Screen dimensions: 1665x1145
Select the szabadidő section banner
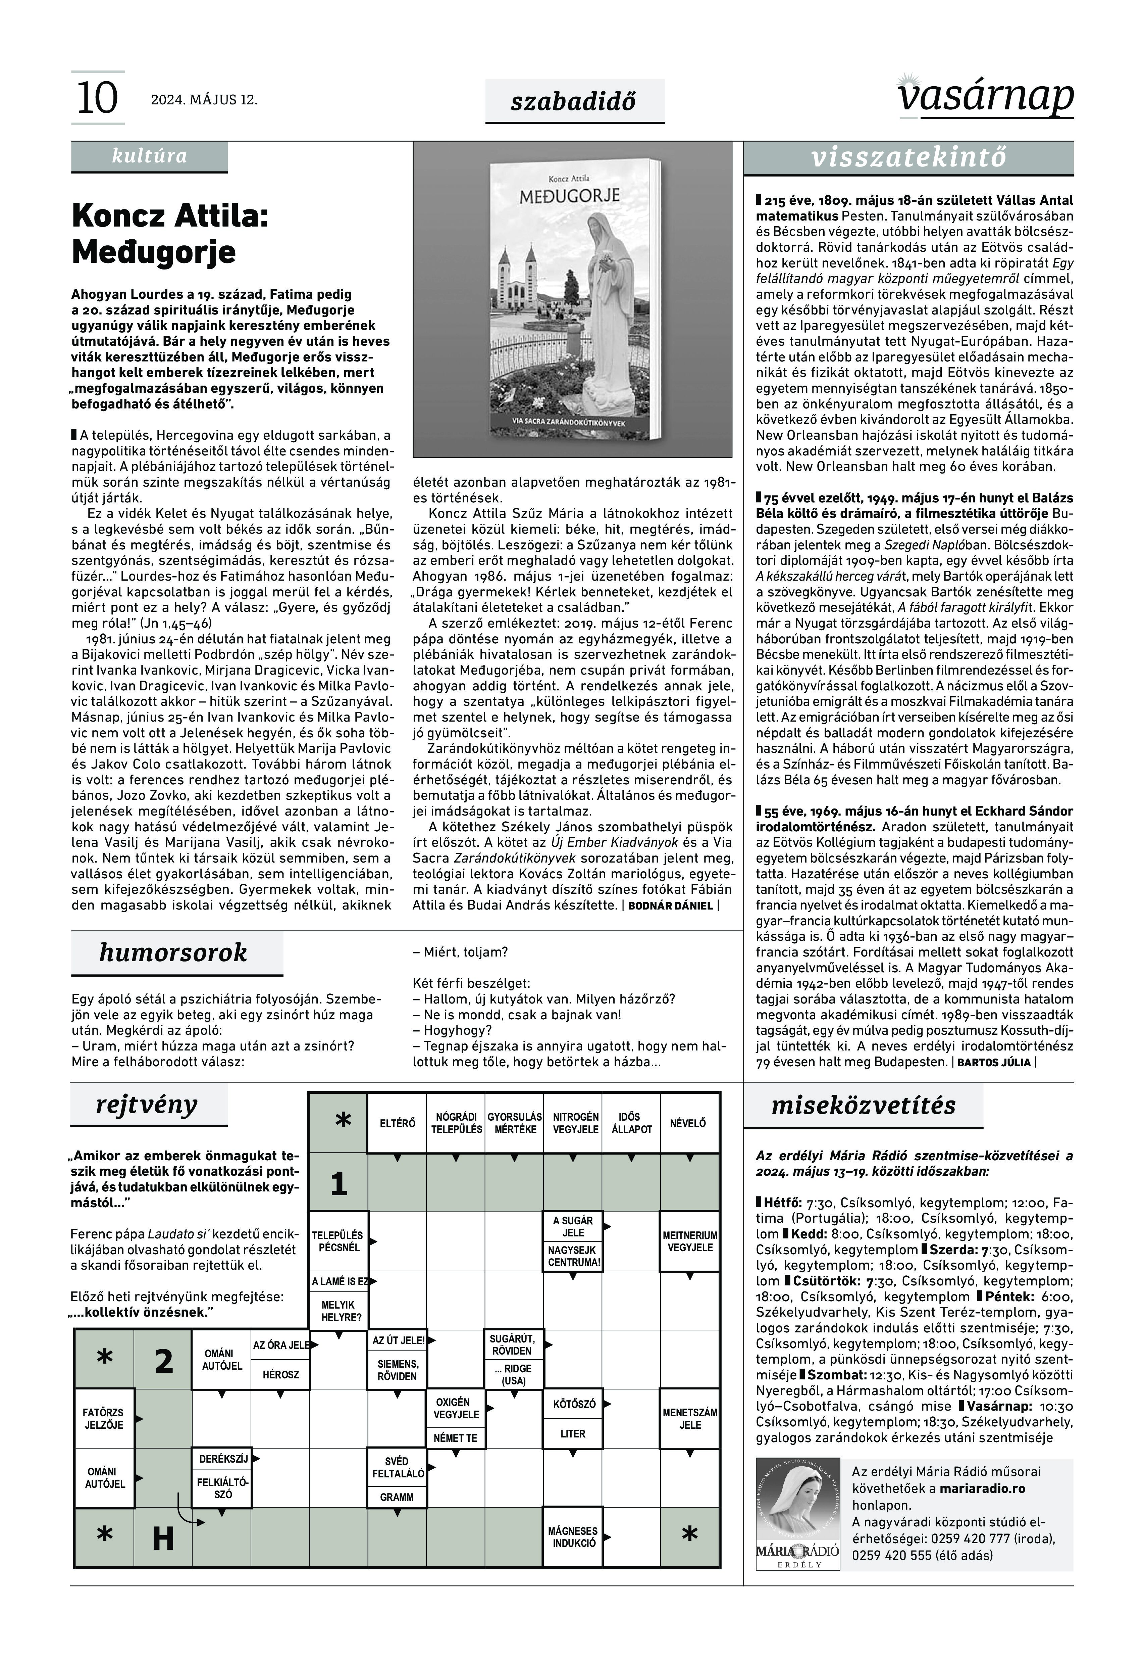[574, 101]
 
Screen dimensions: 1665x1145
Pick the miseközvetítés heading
[863, 1105]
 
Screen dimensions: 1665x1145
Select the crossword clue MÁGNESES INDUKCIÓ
[572, 1536]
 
